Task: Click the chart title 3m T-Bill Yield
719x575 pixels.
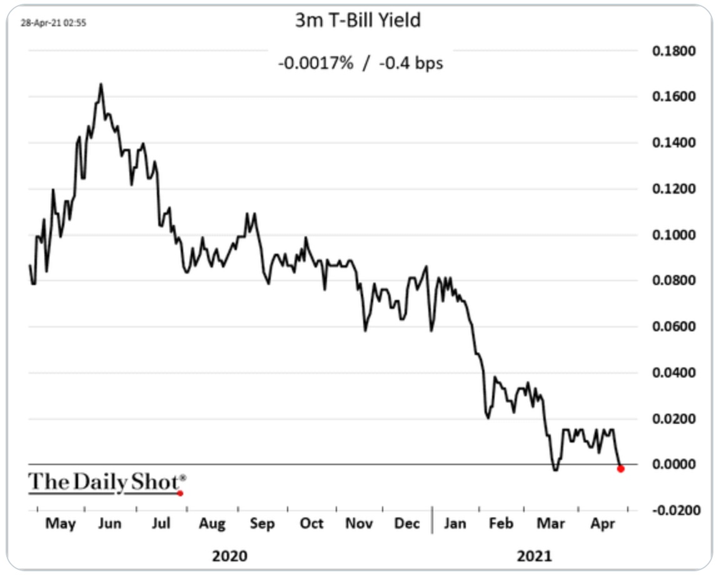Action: point(358,21)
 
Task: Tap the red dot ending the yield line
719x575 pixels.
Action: point(620,469)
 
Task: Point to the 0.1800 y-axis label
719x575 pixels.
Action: point(673,51)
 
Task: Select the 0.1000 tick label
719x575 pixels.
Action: point(673,235)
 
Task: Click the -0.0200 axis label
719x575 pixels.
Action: point(671,511)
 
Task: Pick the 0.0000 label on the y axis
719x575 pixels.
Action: point(673,464)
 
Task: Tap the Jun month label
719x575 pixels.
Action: point(110,523)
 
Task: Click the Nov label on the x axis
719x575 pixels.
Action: point(359,523)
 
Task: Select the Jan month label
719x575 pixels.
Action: point(455,523)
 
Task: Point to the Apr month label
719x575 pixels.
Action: point(602,523)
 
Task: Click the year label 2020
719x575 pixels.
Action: point(229,556)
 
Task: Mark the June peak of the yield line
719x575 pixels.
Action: point(101,84)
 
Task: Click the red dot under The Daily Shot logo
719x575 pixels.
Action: point(180,493)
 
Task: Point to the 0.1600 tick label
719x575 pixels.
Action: point(673,97)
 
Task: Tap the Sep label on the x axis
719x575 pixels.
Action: point(262,523)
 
